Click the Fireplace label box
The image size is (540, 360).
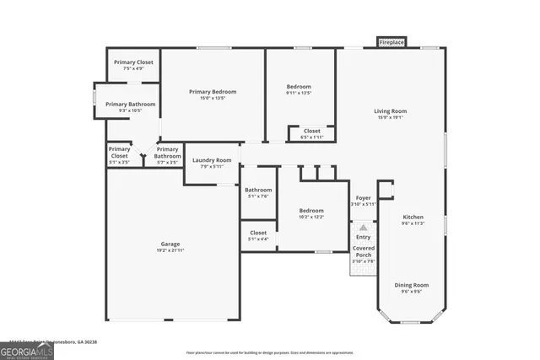391,42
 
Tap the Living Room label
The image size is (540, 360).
391,111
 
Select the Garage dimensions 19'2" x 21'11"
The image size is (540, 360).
170,250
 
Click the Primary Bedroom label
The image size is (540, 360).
213,92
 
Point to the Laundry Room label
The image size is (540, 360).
212,160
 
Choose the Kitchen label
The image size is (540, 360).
413,218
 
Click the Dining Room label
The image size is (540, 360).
412,285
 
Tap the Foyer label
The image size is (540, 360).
363,198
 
